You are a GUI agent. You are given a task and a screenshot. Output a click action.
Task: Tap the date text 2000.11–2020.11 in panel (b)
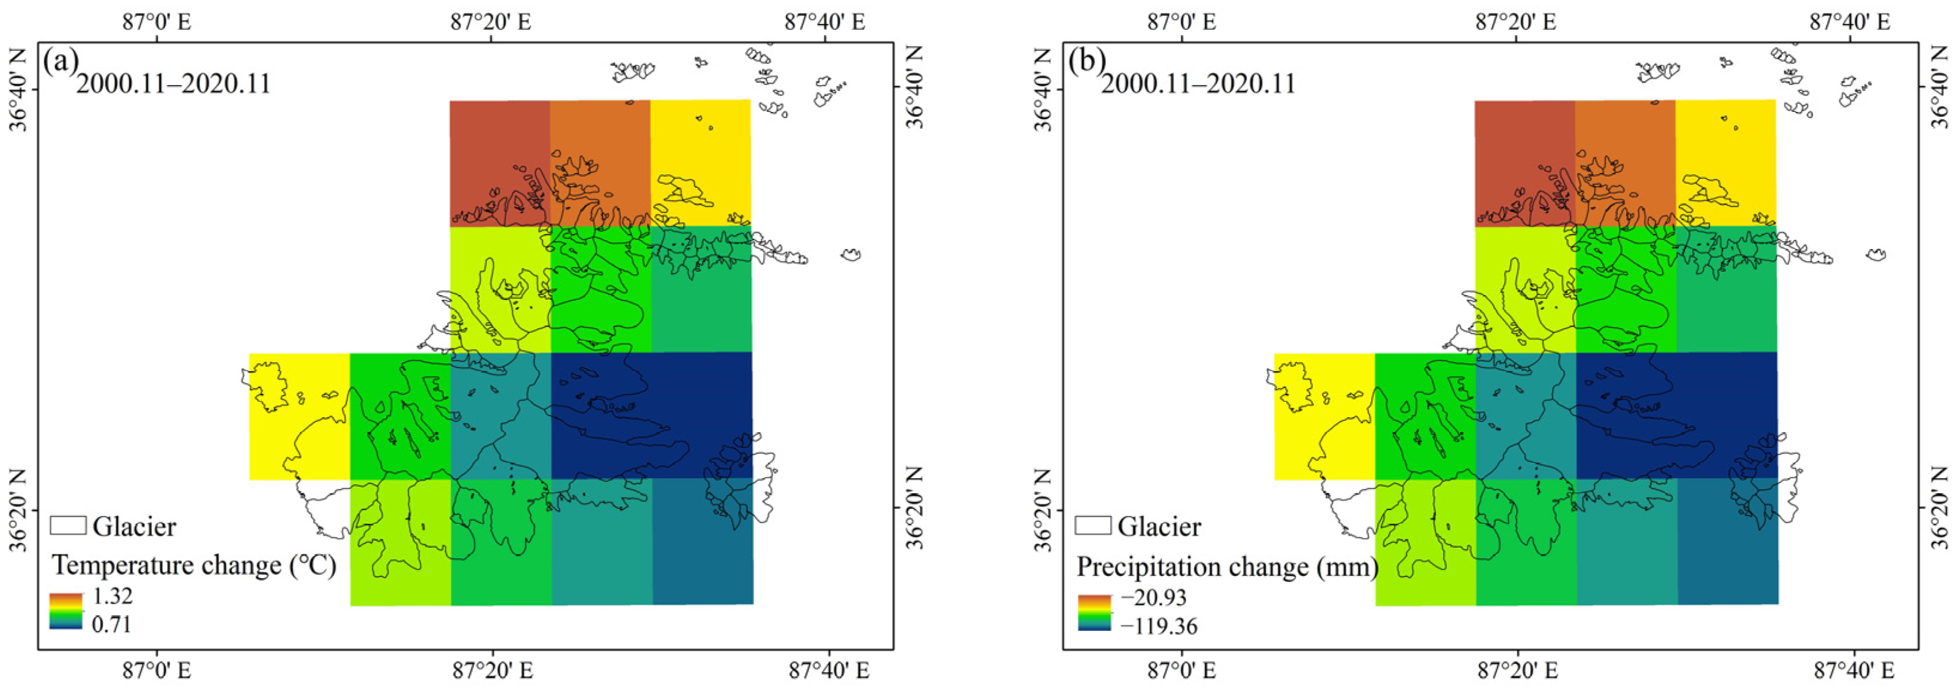[x=1198, y=83]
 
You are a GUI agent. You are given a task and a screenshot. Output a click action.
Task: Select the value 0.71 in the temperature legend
[x=113, y=624]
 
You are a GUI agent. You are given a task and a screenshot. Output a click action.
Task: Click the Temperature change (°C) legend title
[x=194, y=565]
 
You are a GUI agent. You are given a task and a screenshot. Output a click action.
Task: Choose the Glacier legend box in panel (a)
[x=68, y=525]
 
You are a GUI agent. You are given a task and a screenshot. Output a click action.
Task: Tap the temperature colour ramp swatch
[x=68, y=611]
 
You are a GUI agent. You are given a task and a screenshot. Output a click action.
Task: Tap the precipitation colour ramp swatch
[x=1094, y=612]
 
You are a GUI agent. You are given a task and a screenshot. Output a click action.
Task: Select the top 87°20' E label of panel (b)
[x=1515, y=22]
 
